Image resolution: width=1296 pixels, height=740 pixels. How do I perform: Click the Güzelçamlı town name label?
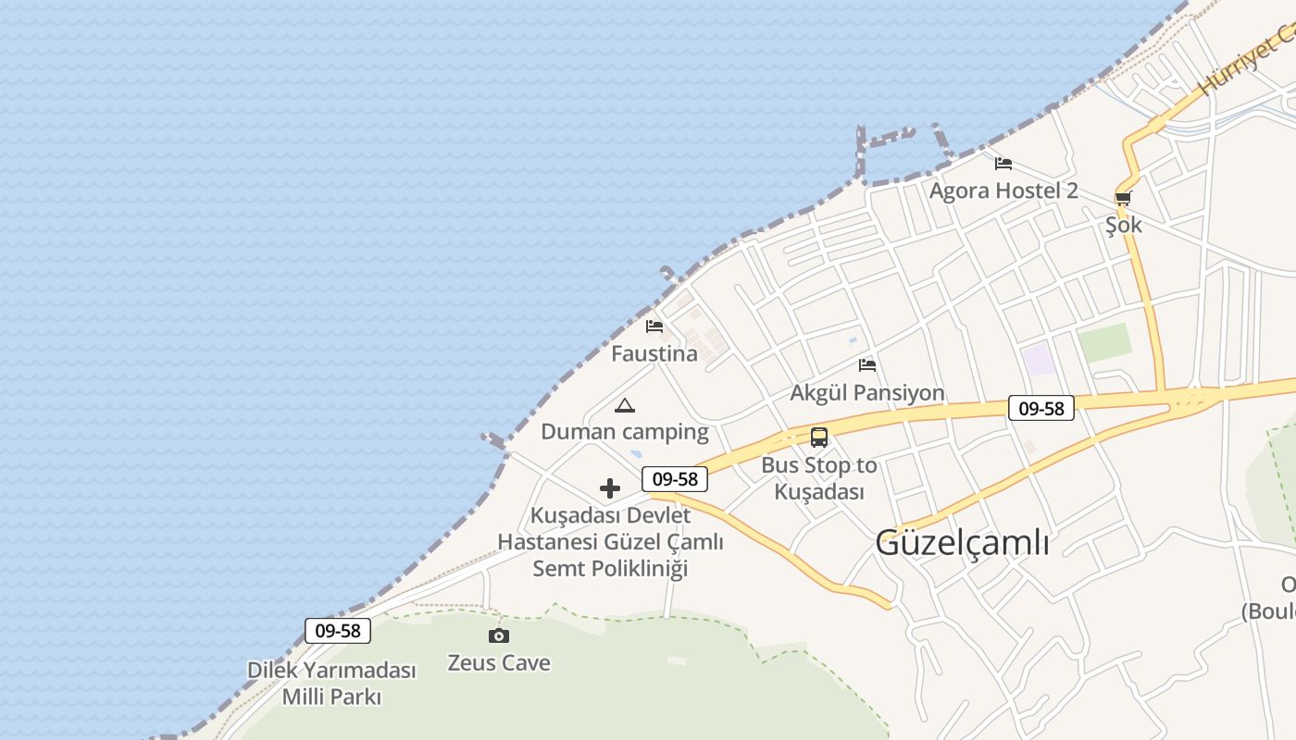click(x=962, y=543)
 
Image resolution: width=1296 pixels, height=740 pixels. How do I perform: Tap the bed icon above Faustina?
click(x=654, y=327)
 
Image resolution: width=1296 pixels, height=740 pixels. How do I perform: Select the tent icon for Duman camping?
click(x=625, y=405)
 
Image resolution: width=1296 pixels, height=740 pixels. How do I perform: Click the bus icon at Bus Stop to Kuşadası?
click(x=819, y=438)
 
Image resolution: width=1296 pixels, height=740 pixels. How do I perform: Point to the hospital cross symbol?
click(x=610, y=487)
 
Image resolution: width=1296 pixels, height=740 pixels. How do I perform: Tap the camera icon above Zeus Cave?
click(x=499, y=635)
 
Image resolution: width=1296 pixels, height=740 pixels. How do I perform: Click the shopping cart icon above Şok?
click(x=1123, y=198)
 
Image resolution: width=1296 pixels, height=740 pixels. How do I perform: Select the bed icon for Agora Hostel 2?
click(x=1003, y=164)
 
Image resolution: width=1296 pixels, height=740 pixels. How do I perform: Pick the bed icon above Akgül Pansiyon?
click(x=867, y=365)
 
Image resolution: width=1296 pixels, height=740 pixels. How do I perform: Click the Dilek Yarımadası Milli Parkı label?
click(x=331, y=684)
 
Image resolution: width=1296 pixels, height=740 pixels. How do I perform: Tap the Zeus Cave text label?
click(x=499, y=663)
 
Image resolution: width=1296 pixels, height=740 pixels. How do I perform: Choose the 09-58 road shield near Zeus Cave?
click(x=338, y=631)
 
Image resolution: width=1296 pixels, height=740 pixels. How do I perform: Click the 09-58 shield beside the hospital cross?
click(x=675, y=479)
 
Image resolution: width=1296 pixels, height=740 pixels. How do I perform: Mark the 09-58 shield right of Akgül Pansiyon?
click(x=1041, y=408)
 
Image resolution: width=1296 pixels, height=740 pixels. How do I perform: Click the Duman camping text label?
click(x=625, y=432)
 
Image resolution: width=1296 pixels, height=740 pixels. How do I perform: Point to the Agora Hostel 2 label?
click(x=1003, y=191)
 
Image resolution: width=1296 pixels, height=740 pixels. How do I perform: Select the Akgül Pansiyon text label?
click(x=867, y=393)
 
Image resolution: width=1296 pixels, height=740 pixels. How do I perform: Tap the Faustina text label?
click(x=654, y=354)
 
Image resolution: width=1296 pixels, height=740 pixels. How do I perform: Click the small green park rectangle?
click(x=1105, y=343)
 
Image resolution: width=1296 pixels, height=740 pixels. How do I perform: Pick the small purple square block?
click(x=1040, y=359)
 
